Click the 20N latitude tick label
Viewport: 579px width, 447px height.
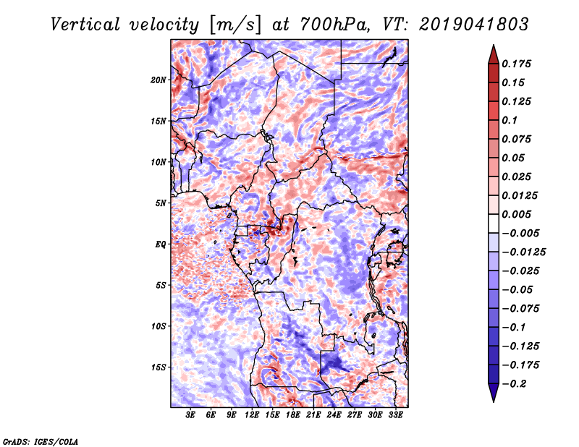pos(159,80)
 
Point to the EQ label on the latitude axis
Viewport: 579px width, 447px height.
pos(160,244)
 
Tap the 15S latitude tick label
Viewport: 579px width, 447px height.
pos(159,367)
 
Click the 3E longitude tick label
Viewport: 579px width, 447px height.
pos(191,415)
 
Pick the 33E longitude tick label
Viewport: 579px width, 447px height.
pos(395,415)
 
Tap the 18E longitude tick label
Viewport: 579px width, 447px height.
pos(293,415)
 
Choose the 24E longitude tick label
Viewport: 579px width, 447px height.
pos(334,415)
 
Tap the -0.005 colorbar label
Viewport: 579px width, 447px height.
pos(522,234)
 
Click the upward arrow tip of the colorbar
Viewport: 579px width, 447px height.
pos(493,47)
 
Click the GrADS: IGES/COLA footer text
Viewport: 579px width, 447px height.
pos(41,440)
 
